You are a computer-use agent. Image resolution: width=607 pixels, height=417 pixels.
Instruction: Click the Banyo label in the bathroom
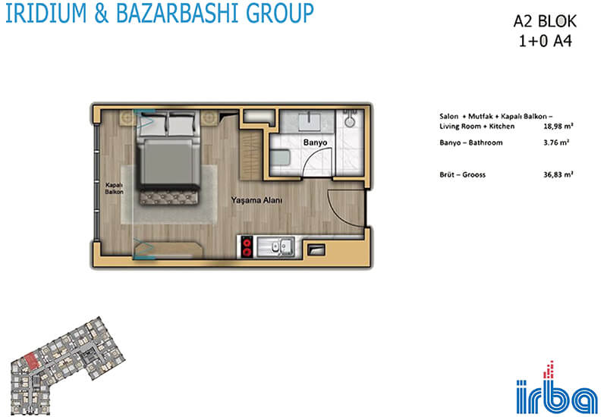315,143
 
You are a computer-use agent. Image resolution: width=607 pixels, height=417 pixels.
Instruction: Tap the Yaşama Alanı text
256,200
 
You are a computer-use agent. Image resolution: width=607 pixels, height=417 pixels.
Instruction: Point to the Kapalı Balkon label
115,188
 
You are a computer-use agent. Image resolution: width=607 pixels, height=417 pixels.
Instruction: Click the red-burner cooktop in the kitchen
247,247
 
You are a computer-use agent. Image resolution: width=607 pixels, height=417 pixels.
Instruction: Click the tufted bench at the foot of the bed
168,198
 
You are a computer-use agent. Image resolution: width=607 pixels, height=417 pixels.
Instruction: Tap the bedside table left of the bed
127,118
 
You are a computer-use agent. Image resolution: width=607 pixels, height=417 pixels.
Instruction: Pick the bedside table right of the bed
209,118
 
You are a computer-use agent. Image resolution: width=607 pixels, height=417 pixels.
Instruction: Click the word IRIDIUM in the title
46,13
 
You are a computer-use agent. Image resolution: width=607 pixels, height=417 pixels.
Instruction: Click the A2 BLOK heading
545,22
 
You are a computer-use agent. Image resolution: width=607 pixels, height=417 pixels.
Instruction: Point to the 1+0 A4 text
545,41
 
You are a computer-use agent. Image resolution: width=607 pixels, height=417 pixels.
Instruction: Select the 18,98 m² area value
558,126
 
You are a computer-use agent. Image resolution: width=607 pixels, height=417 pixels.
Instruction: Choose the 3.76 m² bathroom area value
556,143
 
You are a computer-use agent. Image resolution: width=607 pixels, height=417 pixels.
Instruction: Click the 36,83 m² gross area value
558,175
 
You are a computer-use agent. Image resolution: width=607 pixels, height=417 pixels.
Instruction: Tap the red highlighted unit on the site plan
32,362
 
